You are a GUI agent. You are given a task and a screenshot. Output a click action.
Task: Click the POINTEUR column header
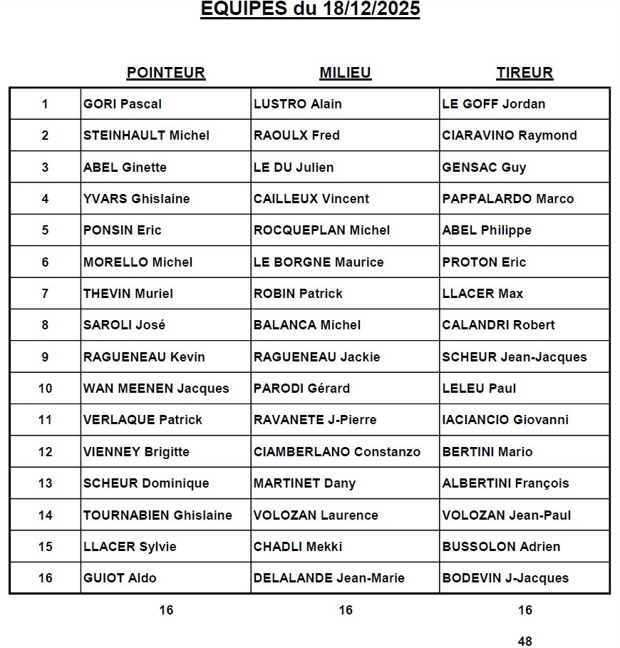pos(165,73)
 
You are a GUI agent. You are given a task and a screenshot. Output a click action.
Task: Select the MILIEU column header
pos(345,73)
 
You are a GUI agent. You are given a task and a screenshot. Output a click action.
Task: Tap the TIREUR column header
pos(525,73)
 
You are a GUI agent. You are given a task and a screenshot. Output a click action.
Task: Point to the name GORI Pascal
pos(123,104)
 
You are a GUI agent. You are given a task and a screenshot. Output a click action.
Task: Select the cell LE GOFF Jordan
pos(494,104)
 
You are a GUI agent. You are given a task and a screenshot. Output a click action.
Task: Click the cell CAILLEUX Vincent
pos(311,199)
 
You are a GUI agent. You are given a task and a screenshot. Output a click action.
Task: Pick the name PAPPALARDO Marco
pos(507,199)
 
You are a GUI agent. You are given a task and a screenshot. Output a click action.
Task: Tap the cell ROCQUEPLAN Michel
pos(321,230)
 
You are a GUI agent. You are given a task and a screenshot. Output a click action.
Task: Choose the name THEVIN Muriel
pos(128,294)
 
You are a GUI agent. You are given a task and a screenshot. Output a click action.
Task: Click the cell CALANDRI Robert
pos(498,325)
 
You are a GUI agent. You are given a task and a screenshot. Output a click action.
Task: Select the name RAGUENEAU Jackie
pos(316,357)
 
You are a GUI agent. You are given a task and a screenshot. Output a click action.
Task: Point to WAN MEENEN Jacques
pos(156,389)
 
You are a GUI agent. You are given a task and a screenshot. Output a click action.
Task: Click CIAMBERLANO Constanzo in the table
pos(337,452)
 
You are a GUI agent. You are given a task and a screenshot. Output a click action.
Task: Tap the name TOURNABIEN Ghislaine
pos(157,515)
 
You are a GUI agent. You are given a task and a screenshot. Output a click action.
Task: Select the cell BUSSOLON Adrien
pos(501,547)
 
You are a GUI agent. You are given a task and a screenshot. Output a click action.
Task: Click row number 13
pos(45,483)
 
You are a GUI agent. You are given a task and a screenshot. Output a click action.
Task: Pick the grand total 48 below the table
pos(525,641)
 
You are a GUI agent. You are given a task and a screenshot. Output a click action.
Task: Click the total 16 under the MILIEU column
pos(345,610)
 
